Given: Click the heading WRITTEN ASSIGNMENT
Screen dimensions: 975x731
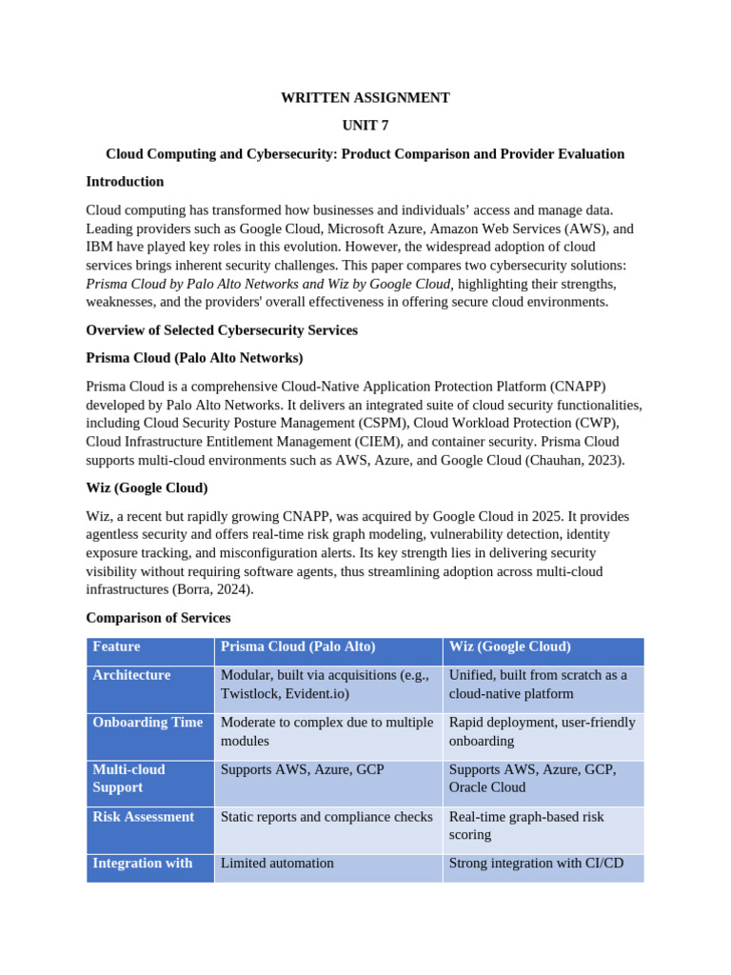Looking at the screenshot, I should coord(365,97).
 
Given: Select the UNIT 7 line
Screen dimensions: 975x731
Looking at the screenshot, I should coord(365,126).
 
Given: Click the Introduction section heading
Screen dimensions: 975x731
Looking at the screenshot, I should coord(125,182).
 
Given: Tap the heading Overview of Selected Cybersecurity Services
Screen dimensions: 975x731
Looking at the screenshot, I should coord(222,330).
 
